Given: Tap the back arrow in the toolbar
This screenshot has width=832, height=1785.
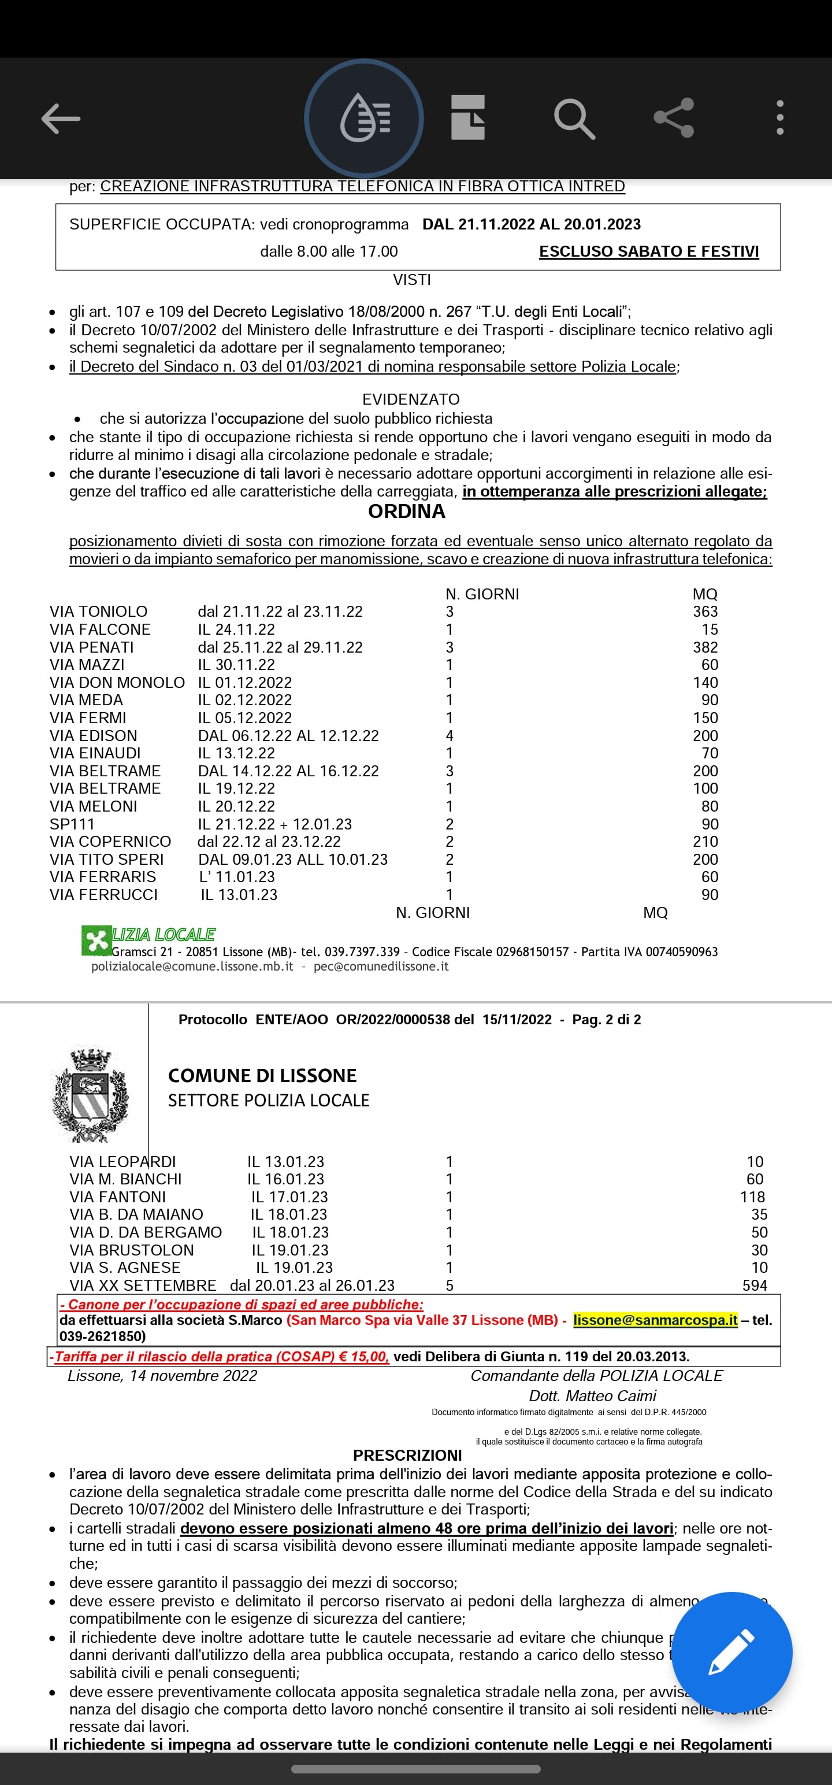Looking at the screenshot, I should [61, 118].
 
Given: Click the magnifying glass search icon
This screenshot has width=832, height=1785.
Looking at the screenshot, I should [574, 118].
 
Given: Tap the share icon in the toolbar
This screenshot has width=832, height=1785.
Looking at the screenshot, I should [673, 118].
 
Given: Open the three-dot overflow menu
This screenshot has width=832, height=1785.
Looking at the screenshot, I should [780, 118].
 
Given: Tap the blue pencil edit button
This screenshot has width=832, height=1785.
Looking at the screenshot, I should [731, 1652].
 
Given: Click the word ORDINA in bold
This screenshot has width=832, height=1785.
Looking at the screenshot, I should [407, 512].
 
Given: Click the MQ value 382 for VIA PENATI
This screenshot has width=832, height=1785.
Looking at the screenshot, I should [705, 647].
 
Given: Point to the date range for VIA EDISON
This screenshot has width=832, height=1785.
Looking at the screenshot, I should [288, 735].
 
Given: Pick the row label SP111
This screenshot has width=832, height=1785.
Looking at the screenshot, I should [72, 824].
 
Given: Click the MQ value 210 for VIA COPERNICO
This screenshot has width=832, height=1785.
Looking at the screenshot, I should [705, 841].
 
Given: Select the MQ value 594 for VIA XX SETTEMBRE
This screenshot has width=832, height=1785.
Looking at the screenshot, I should [755, 1286].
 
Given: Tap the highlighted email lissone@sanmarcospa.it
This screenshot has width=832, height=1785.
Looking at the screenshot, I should [655, 1320].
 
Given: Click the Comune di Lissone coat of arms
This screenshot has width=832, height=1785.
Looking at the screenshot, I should [90, 1095].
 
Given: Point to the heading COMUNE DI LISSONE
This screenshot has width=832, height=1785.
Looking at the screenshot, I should [262, 1075].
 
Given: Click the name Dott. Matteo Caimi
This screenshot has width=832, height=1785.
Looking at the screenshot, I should [592, 1395].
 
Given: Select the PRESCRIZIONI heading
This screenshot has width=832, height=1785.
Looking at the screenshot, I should [407, 1455].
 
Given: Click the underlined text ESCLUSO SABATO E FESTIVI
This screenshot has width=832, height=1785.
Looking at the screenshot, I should [649, 251].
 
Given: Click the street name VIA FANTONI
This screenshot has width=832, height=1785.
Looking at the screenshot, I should [118, 1197].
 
